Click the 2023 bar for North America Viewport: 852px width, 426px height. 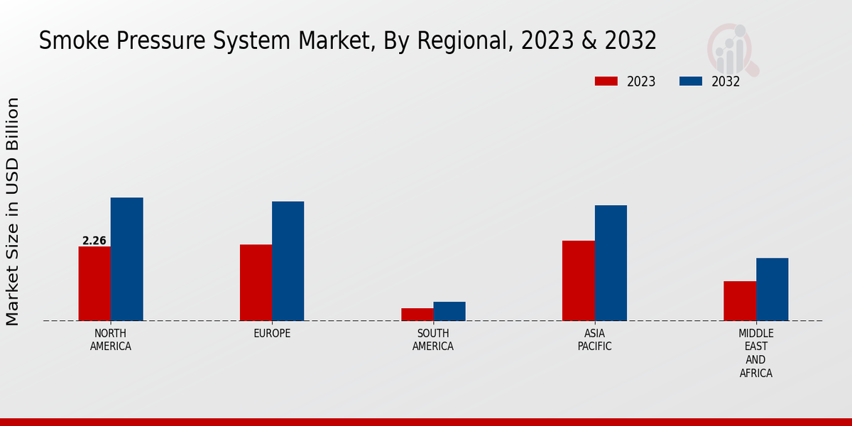(94, 283)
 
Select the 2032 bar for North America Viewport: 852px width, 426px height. (126, 259)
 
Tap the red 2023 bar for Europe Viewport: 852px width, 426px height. (256, 283)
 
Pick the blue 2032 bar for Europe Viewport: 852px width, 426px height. (288, 261)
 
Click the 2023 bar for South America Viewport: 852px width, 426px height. (417, 315)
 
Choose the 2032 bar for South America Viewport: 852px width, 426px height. (449, 311)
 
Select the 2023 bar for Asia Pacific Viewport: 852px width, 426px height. (578, 280)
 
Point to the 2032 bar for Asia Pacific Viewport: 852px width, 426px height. (611, 263)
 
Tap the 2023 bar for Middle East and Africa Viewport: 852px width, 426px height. (740, 301)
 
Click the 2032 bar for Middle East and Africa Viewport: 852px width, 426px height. (772, 289)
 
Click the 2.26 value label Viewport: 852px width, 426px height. (94, 241)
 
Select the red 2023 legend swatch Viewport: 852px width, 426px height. (606, 82)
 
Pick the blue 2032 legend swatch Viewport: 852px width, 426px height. (690, 82)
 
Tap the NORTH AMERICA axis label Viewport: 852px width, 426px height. (111, 340)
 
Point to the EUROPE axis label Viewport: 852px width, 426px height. (272, 334)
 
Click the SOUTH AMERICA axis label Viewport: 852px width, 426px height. (433, 340)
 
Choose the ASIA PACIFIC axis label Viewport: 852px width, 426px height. (594, 340)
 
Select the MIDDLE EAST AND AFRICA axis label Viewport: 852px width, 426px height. (755, 353)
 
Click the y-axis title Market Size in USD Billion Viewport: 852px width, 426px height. (13, 212)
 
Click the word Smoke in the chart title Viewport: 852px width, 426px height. (72, 41)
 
